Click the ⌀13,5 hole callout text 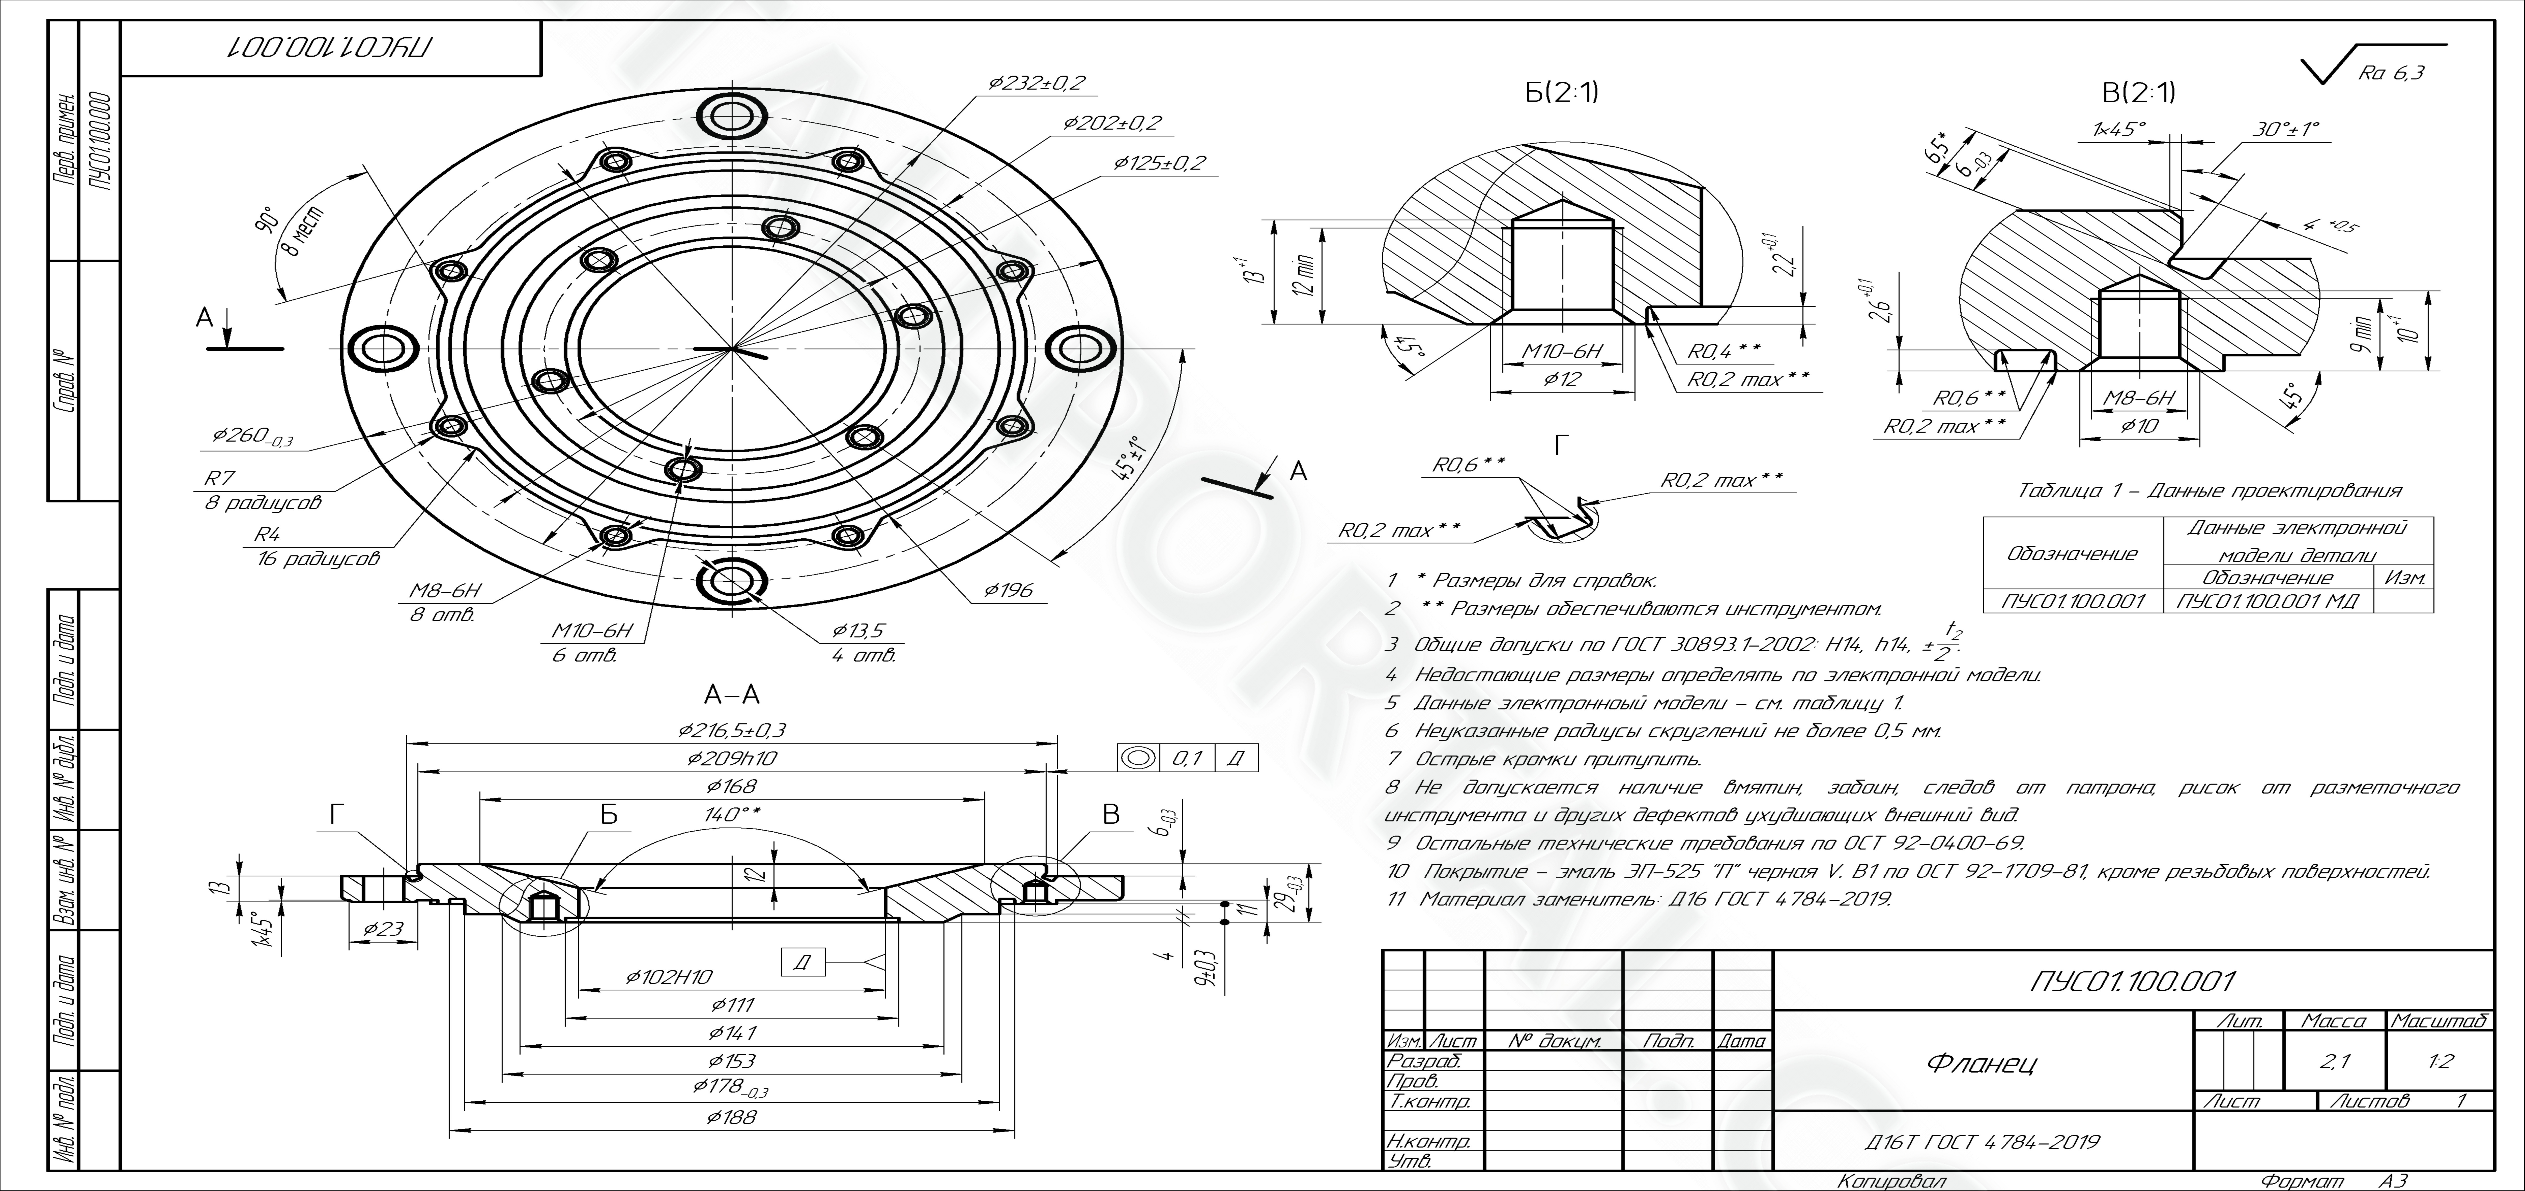tap(858, 630)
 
